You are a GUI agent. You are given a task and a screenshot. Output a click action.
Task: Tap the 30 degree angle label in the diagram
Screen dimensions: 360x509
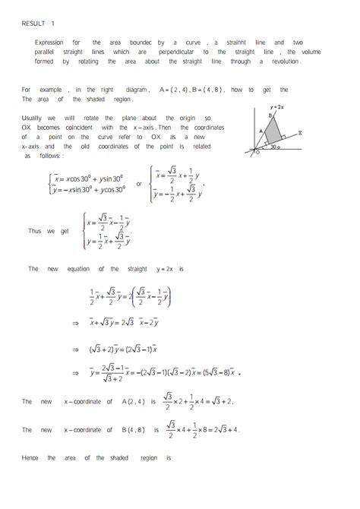pyautogui.click(x=273, y=147)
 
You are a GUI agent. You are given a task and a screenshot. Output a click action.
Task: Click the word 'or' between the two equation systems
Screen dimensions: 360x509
pyautogui.click(x=138, y=183)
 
